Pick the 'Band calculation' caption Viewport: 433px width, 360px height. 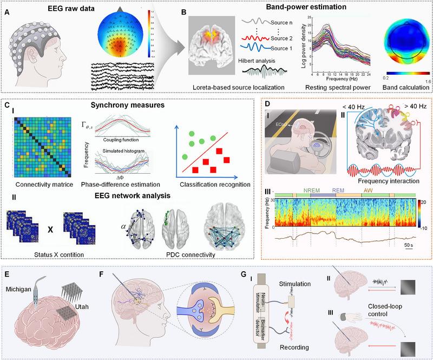click(x=401, y=87)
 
